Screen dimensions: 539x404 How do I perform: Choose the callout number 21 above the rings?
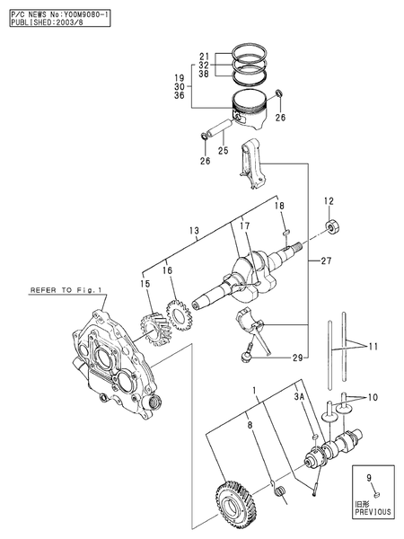point(203,55)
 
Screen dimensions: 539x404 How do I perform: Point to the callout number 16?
point(166,269)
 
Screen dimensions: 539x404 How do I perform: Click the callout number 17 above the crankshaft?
point(244,226)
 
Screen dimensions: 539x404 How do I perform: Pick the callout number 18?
point(279,207)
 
